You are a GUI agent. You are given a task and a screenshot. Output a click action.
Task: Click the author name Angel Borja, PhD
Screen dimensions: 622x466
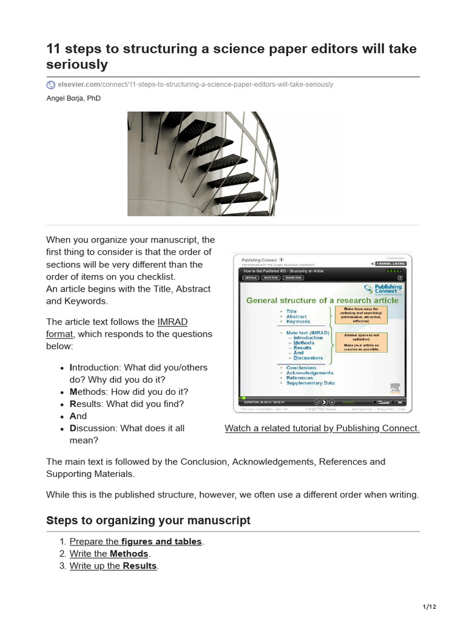[x=73, y=98]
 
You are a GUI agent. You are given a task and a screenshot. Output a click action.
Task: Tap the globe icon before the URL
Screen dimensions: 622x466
[x=51, y=84]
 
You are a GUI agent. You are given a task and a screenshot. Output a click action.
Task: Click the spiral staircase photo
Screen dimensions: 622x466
[x=201, y=163]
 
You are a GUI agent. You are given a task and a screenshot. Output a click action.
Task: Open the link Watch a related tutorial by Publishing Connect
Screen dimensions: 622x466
[x=322, y=428]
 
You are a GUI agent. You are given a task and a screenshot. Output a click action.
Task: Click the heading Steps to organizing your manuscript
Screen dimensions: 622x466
[x=148, y=521]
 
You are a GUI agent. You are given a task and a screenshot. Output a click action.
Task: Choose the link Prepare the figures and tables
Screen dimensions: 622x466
[x=136, y=541]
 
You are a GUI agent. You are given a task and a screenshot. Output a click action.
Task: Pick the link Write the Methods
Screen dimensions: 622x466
[x=109, y=553]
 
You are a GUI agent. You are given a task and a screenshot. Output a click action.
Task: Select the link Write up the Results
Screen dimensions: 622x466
[x=113, y=566]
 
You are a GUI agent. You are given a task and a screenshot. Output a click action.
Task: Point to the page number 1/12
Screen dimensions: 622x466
[x=429, y=607]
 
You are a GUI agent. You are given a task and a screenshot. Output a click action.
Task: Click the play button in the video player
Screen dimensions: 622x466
[x=325, y=402]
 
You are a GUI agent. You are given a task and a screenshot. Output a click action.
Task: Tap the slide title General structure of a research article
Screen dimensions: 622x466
[x=322, y=300]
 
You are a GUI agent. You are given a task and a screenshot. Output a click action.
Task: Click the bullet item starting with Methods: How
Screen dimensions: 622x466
[x=129, y=392]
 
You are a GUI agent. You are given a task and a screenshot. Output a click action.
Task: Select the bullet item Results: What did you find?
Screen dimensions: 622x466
[x=127, y=404]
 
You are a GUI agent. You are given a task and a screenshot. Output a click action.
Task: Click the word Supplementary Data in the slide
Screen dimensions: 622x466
[x=310, y=383]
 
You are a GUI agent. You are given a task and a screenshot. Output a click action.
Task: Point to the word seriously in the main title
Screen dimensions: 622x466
[x=77, y=64]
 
